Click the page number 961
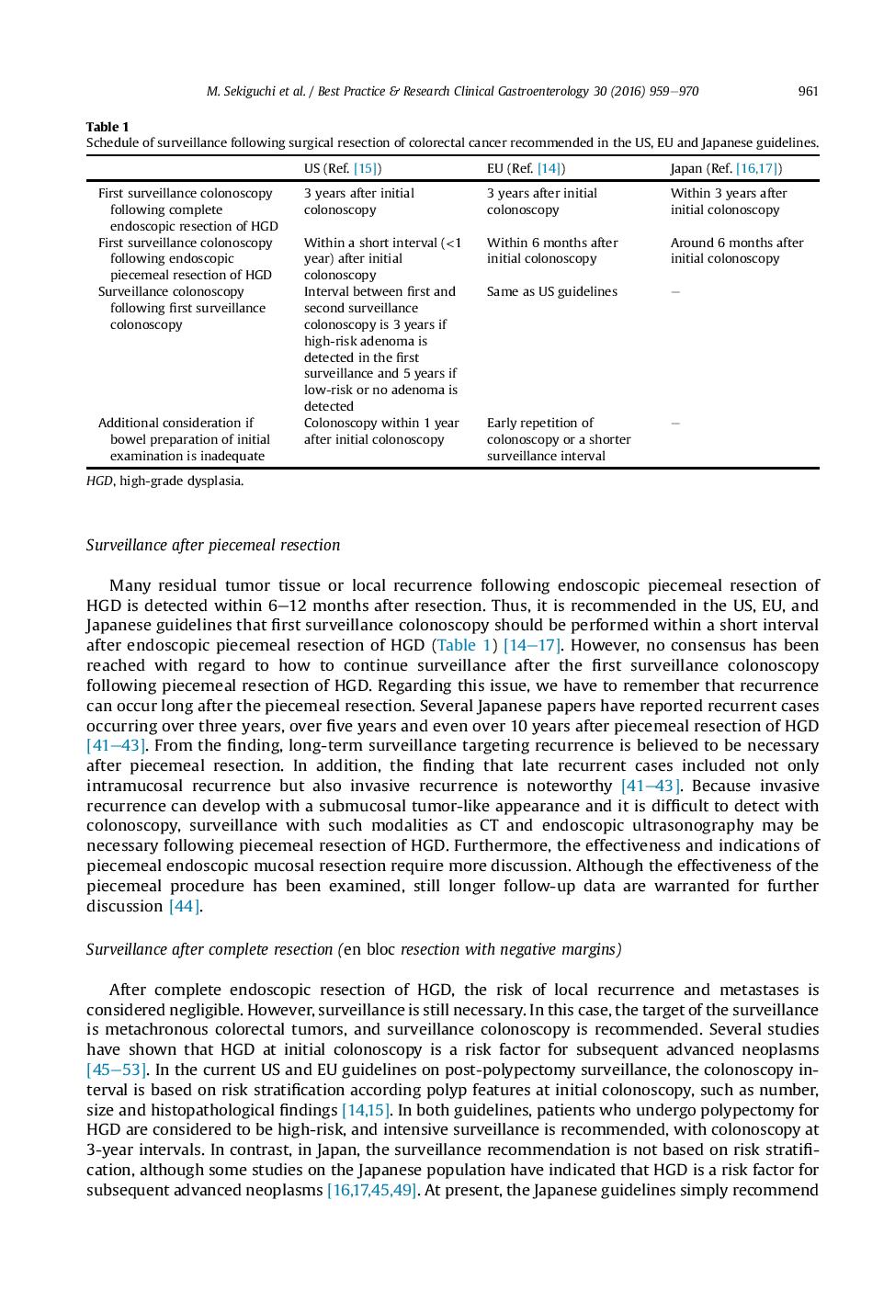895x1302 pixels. click(808, 91)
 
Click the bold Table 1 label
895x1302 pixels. click(108, 127)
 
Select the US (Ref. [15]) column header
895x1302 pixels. click(343, 168)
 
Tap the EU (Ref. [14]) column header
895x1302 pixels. click(526, 168)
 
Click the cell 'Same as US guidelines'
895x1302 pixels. click(551, 291)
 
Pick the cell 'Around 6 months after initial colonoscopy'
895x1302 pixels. click(736, 251)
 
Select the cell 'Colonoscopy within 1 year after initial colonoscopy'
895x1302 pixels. click(381, 431)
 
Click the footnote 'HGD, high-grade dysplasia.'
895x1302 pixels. click(165, 481)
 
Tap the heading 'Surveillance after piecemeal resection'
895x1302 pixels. click(213, 545)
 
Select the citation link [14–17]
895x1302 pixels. click(532, 645)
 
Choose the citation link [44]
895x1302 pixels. click(184, 906)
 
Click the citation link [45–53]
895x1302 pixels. click(116, 1070)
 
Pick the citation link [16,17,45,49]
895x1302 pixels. click(371, 1190)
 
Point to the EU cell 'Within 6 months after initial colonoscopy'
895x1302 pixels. click(551, 251)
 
